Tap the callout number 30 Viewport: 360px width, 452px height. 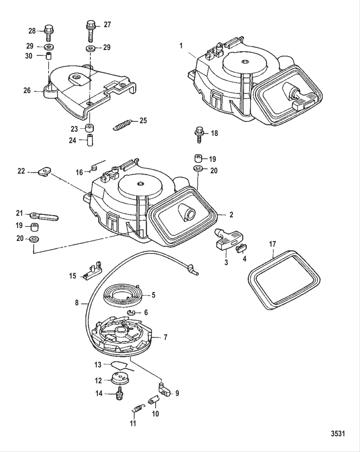(29, 56)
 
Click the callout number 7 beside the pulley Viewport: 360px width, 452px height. (165, 338)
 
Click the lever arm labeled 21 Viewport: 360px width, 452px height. (45, 216)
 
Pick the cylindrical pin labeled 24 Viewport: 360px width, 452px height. (90, 140)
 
